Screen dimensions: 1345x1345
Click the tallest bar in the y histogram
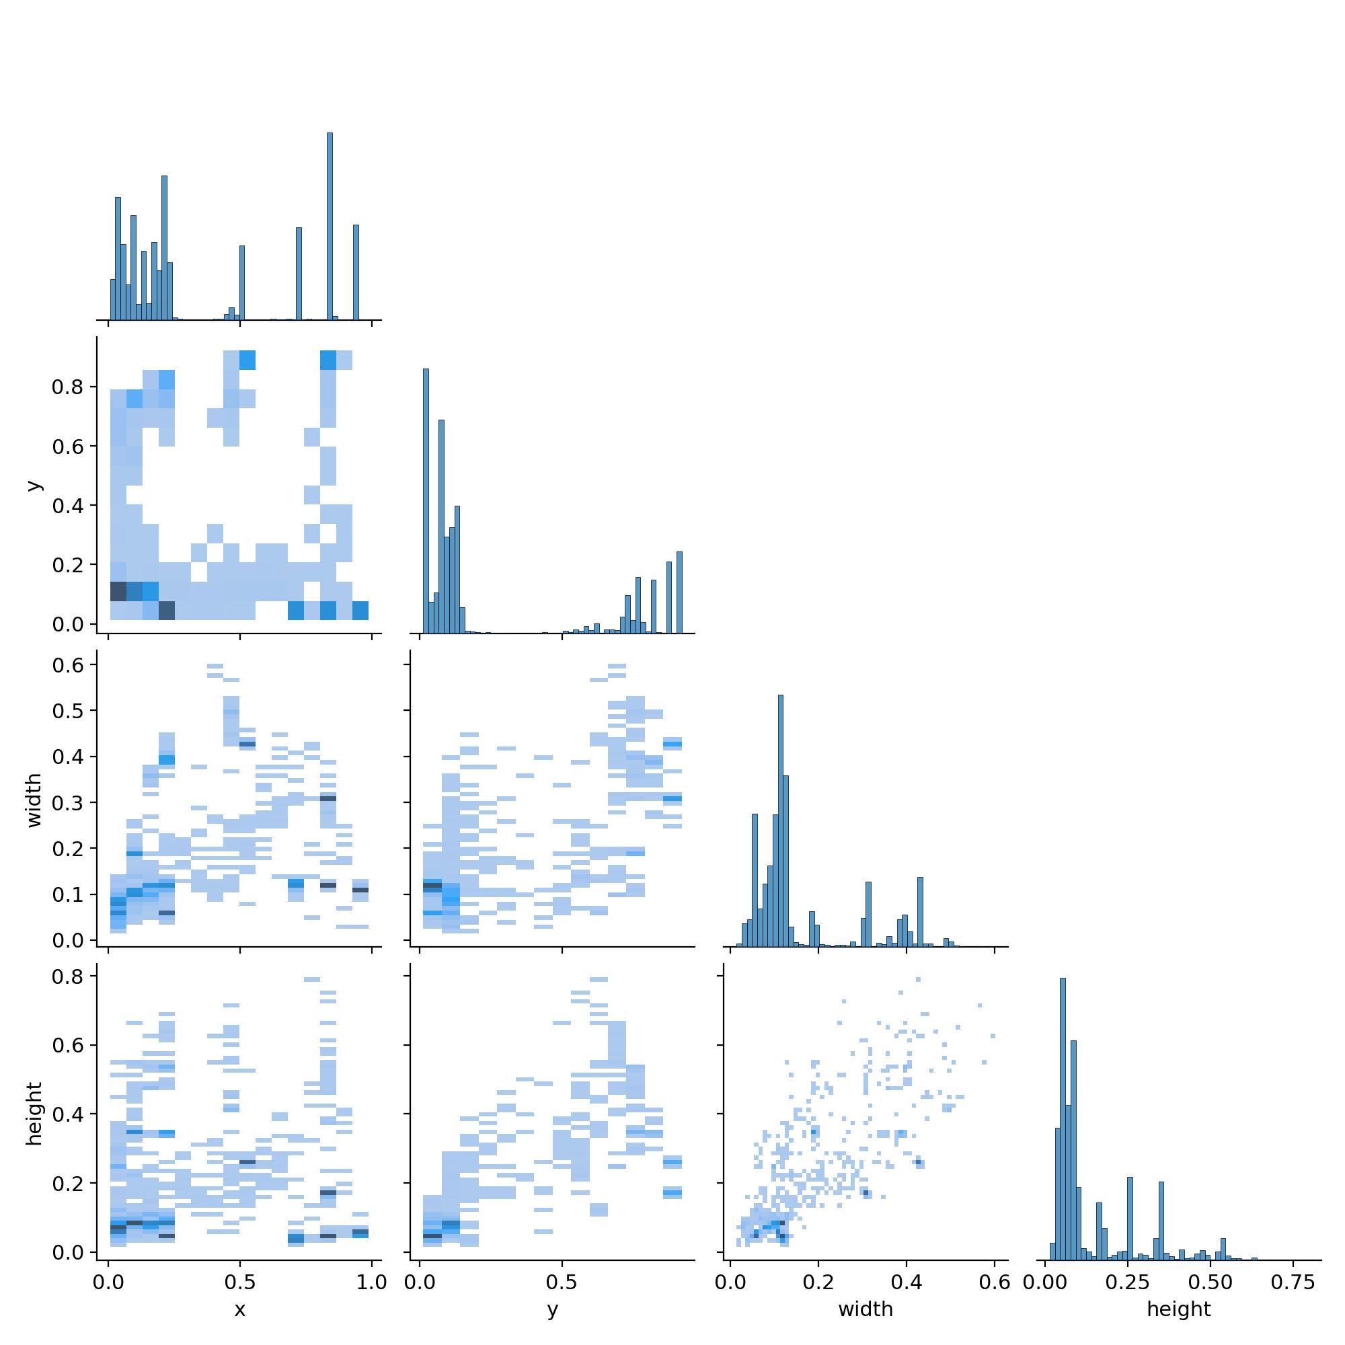(x=426, y=501)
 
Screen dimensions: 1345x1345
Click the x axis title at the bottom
(x=239, y=1309)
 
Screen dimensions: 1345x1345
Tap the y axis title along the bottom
(x=553, y=1309)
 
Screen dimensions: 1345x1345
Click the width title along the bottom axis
(x=866, y=1309)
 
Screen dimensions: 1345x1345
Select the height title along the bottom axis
(x=1179, y=1309)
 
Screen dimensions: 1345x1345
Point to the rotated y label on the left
(x=34, y=486)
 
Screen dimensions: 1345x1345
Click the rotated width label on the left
(x=34, y=800)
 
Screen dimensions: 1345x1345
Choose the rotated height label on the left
(x=34, y=1113)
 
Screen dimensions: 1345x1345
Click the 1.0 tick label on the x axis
(x=372, y=1282)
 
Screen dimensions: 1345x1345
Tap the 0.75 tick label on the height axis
(x=1292, y=1282)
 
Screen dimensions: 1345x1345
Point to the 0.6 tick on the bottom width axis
(x=994, y=1282)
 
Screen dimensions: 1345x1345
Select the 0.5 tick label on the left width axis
(x=68, y=711)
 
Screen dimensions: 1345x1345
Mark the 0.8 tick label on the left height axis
(x=68, y=976)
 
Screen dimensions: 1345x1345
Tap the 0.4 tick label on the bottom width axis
(x=906, y=1282)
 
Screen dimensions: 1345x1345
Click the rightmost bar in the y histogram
(x=679, y=592)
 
